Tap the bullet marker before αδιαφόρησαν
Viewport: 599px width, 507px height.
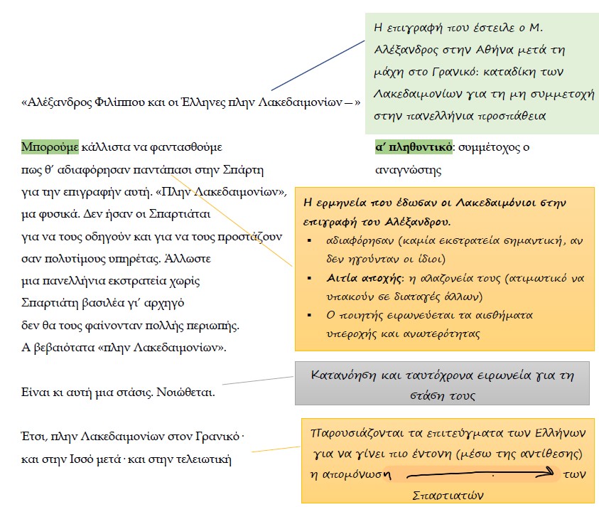(x=309, y=240)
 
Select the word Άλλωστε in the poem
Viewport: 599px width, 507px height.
(x=190, y=259)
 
